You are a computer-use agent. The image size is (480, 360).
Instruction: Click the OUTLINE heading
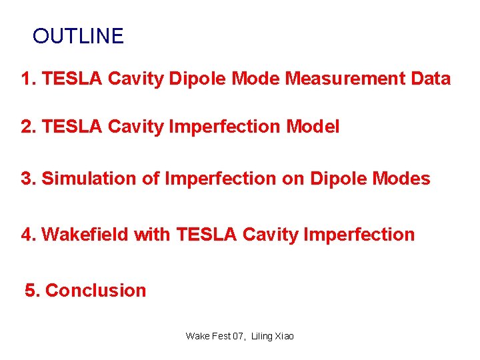click(x=78, y=36)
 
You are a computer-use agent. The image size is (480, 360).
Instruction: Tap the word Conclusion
click(x=95, y=291)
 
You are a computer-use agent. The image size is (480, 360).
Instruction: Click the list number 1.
click(x=27, y=79)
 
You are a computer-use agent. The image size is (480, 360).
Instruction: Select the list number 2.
click(x=27, y=126)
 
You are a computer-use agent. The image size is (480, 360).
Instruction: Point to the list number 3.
click(x=27, y=179)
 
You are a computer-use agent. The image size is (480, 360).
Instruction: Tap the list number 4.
click(x=27, y=235)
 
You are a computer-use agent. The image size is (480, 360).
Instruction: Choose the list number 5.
click(x=31, y=291)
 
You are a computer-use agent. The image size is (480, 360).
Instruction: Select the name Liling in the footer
click(x=262, y=336)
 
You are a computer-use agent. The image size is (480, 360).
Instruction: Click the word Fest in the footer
click(x=220, y=336)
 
